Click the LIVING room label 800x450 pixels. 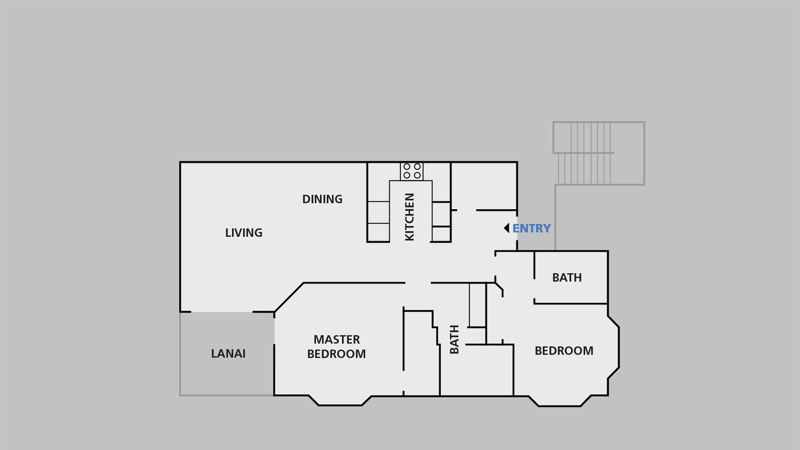(244, 232)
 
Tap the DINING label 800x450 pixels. (322, 199)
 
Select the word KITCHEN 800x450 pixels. (410, 217)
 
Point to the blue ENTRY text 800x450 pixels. (531, 228)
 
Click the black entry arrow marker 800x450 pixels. (507, 228)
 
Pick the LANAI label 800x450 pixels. (228, 354)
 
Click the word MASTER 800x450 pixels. (337, 340)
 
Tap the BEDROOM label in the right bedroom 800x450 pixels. (564, 351)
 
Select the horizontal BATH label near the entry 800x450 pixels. (567, 277)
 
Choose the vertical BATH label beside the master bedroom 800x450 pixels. (454, 339)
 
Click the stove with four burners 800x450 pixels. (412, 171)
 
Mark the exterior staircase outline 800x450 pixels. (599, 153)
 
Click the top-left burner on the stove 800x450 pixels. (407, 167)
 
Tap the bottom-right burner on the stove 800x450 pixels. (417, 175)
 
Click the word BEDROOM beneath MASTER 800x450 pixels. (336, 354)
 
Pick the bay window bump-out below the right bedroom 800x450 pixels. (560, 401)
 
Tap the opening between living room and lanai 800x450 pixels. (222, 312)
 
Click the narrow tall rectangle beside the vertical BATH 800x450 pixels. (477, 305)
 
